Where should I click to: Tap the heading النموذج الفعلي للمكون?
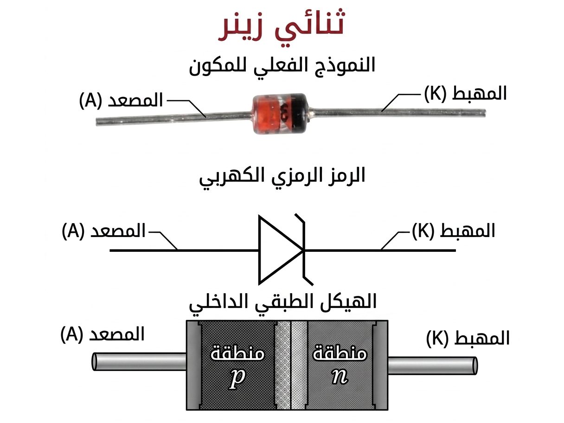282,66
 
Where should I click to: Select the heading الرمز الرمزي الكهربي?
282,176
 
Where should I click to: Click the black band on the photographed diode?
300,112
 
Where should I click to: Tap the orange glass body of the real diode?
272,114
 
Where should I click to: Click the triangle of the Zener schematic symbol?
281,250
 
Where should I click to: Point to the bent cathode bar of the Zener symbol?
304,250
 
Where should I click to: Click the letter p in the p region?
237,378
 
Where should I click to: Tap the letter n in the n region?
340,377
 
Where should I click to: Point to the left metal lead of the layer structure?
139,362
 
